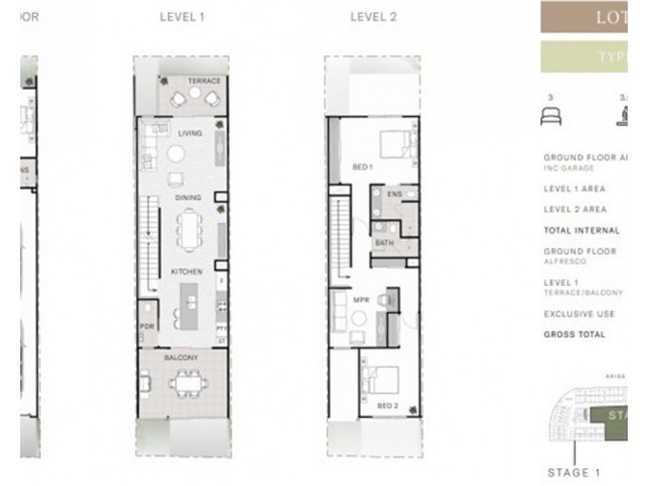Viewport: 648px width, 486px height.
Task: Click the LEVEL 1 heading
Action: pyautogui.click(x=182, y=16)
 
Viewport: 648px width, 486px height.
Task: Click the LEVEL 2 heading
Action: pyautogui.click(x=373, y=16)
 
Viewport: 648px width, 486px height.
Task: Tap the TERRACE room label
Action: pyautogui.click(x=204, y=82)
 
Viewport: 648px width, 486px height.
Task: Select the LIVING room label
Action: pyautogui.click(x=190, y=133)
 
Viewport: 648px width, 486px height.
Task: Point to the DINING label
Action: pyautogui.click(x=188, y=198)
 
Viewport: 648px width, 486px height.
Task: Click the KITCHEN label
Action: pyautogui.click(x=186, y=272)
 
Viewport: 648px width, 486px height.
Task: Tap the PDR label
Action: pyautogui.click(x=147, y=326)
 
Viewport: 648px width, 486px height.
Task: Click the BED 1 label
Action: pyautogui.click(x=362, y=168)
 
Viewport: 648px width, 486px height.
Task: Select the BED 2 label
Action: pyautogui.click(x=387, y=405)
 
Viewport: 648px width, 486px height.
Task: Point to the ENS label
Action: pyautogui.click(x=394, y=195)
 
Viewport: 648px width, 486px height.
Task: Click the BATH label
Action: pyautogui.click(x=384, y=242)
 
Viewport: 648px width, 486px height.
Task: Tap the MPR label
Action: pyautogui.click(x=361, y=300)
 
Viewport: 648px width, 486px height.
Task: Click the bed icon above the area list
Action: pyautogui.click(x=551, y=117)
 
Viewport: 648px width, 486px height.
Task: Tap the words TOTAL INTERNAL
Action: pyautogui.click(x=581, y=231)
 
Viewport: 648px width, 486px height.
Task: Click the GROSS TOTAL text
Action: pyautogui.click(x=574, y=335)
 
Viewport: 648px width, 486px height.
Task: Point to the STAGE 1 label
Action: pyautogui.click(x=574, y=473)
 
